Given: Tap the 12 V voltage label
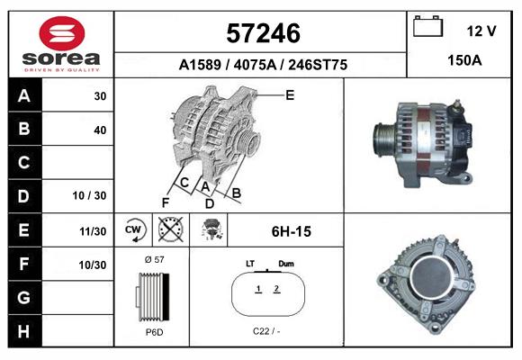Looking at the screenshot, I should point(481,31).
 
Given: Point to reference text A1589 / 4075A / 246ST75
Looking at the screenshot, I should point(263,65).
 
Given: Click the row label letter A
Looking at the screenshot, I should point(24,96).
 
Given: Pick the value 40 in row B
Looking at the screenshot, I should point(100,130).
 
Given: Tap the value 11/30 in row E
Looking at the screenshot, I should point(93,231).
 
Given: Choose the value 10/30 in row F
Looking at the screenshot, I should point(93,265).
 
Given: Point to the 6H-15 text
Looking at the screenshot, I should point(291,231).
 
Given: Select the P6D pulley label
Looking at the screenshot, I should point(153,332).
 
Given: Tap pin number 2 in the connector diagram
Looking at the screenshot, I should point(277,289).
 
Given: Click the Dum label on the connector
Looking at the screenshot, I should point(286,264).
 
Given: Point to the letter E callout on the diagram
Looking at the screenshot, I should point(290,94).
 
